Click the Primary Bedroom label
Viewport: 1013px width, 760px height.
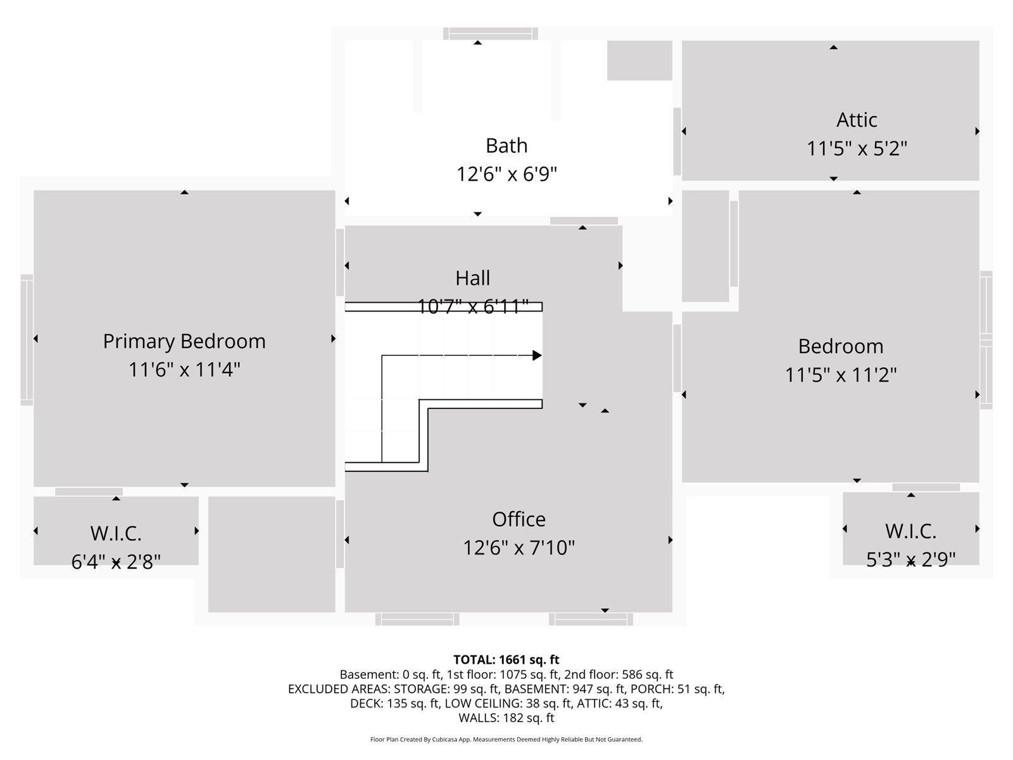184,341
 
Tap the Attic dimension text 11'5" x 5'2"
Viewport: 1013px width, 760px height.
857,149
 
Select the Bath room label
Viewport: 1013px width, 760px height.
506,146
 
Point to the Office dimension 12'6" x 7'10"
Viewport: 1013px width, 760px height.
519,548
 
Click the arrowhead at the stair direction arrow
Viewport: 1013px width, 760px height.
537,355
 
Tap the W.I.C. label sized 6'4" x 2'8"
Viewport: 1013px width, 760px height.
116,533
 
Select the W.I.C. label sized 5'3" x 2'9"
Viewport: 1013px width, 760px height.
910,531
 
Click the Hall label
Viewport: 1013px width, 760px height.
472,278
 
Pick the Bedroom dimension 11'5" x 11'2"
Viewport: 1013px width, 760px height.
840,375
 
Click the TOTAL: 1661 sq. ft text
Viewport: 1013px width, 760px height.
506,660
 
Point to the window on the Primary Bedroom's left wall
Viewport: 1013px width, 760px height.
27,340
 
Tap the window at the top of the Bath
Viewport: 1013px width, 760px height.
490,34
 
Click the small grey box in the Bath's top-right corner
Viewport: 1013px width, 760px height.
639,61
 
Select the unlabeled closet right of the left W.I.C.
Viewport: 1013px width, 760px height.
272,554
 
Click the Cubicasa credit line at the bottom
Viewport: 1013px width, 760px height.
506,740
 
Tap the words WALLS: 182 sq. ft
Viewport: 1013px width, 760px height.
506,718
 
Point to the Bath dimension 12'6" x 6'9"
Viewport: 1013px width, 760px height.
507,174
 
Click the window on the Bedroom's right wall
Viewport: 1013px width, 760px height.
986,340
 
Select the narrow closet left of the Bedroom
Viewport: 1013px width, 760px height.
705,246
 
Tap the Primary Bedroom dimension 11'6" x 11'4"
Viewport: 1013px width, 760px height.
184,369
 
